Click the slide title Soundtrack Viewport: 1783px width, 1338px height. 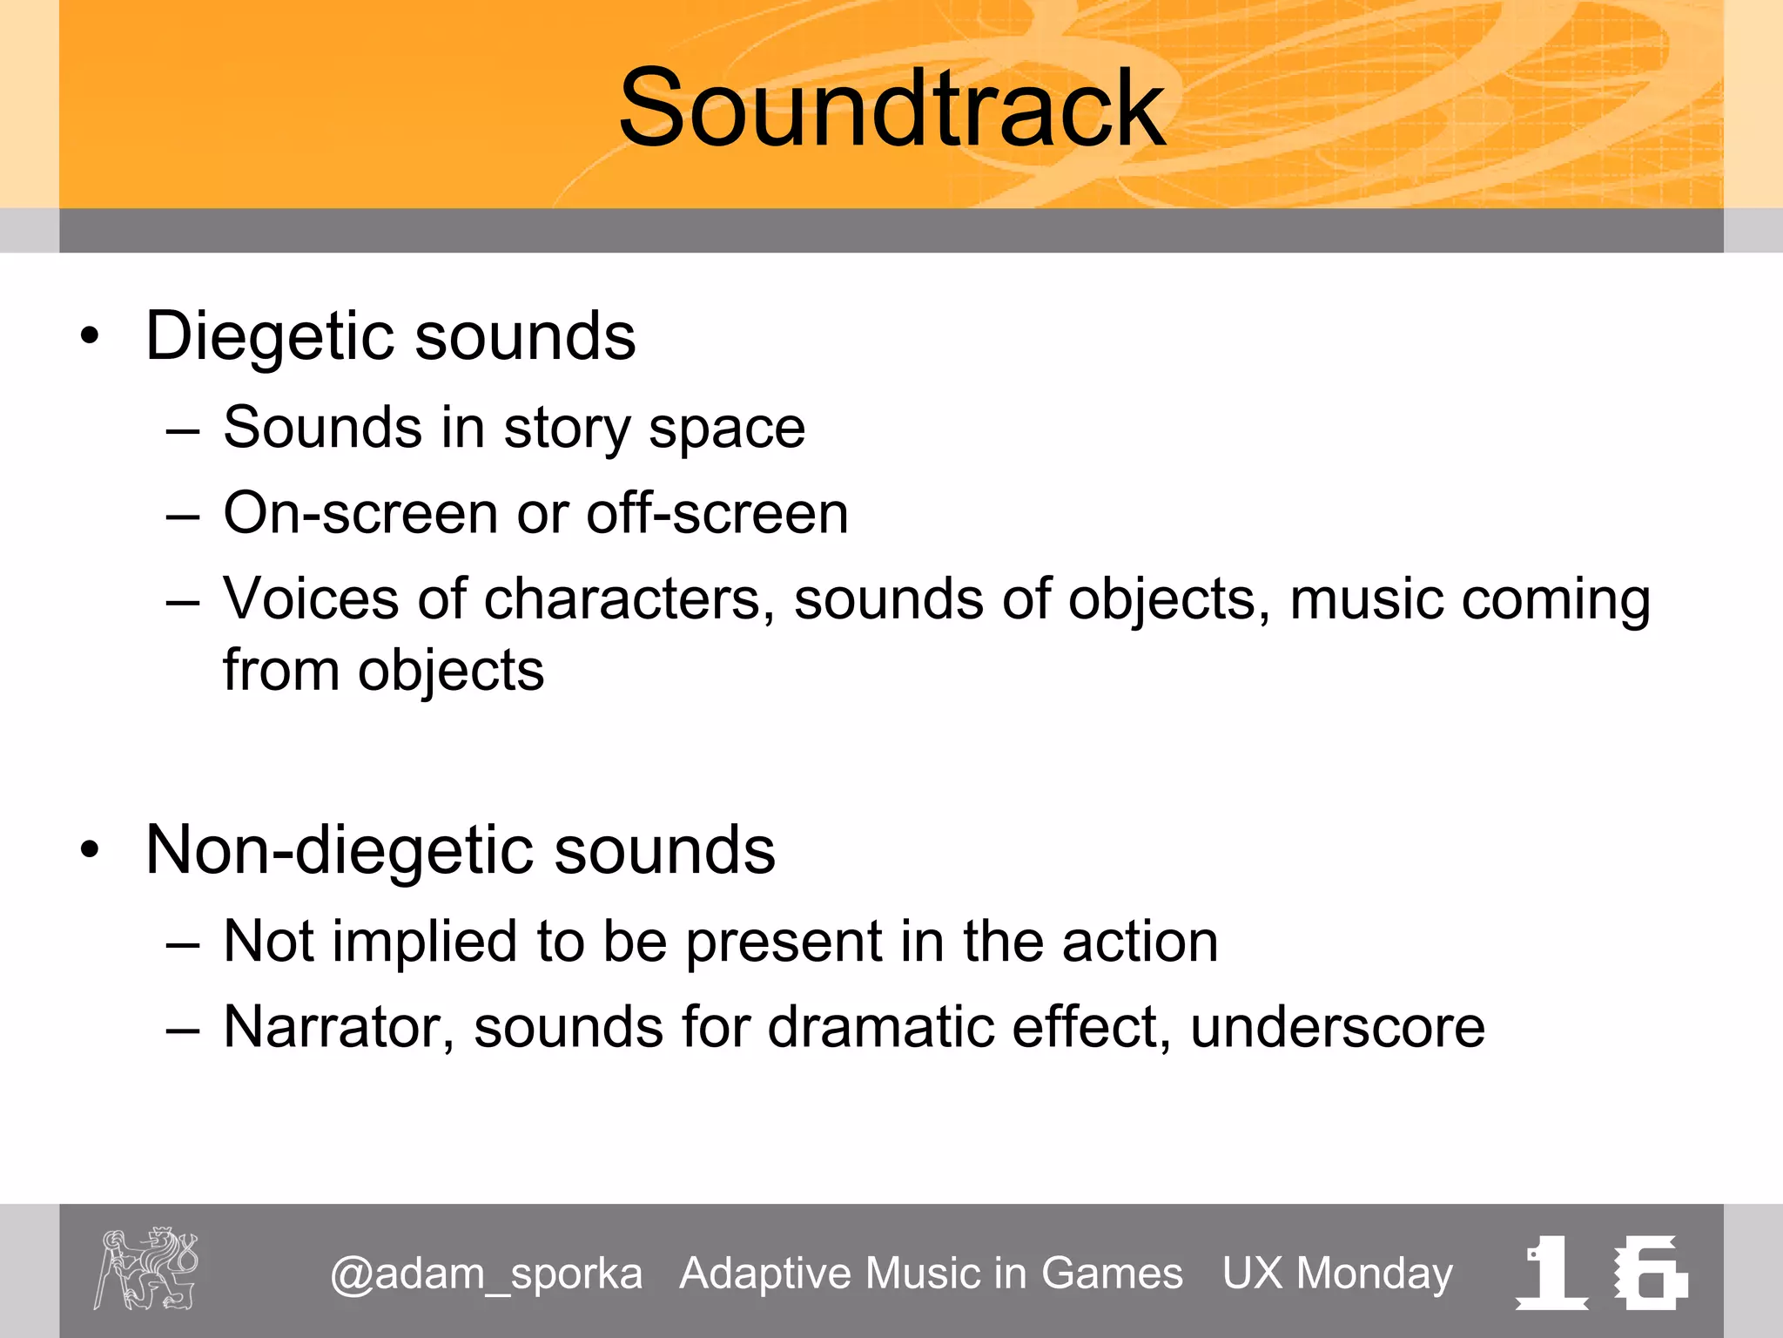[x=891, y=109]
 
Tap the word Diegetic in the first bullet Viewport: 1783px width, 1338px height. [x=269, y=337]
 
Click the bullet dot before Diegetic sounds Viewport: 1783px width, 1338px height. [x=90, y=336]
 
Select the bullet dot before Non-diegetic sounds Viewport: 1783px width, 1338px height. [x=90, y=850]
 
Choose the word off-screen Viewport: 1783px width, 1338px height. [x=717, y=514]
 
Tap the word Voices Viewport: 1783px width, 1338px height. [x=311, y=599]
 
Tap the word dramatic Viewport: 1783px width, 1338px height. [x=879, y=1028]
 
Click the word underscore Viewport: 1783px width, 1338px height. [x=1337, y=1028]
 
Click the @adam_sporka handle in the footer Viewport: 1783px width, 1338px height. [x=487, y=1274]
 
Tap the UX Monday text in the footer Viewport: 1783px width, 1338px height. [x=1337, y=1274]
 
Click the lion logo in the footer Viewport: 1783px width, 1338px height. [x=146, y=1268]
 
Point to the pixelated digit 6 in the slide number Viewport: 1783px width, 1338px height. [x=1650, y=1273]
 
